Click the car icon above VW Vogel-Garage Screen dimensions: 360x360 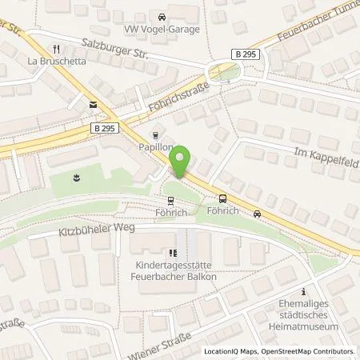(x=162, y=16)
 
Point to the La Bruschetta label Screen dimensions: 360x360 (x=54, y=60)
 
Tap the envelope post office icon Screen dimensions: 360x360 (x=94, y=104)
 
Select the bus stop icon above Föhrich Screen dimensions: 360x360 (x=222, y=200)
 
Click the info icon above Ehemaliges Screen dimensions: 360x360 (x=303, y=292)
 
